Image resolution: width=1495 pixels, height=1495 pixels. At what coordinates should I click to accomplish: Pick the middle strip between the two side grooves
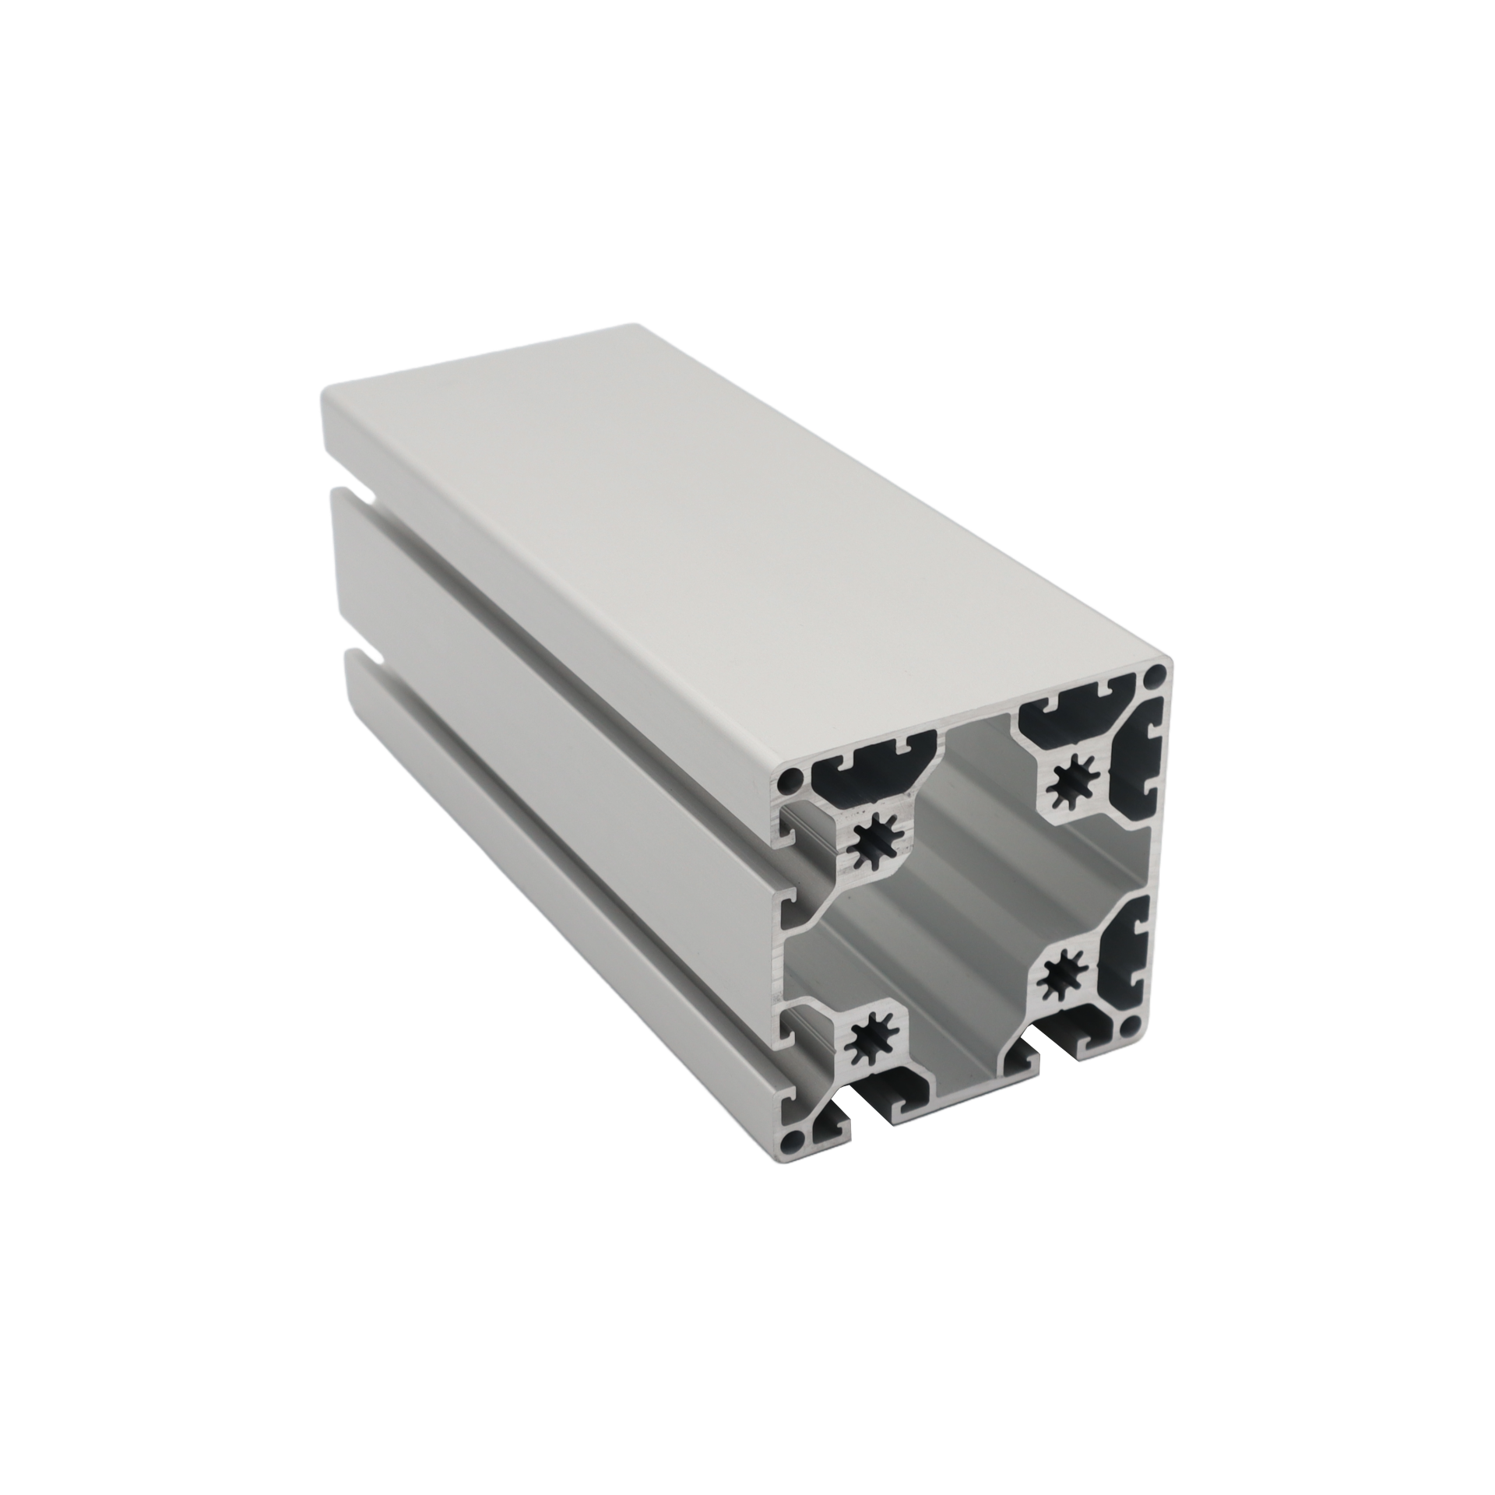(545, 724)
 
